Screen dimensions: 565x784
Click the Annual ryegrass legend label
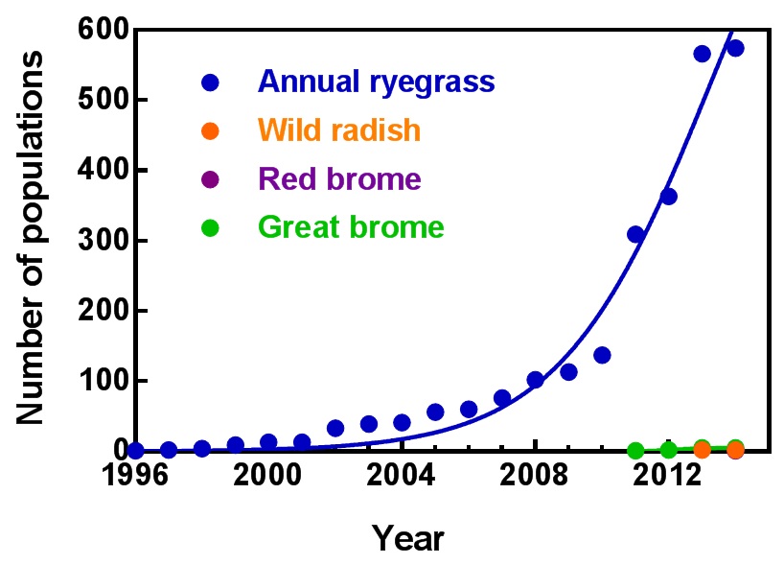pyautogui.click(x=378, y=81)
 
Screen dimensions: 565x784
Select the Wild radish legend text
pyautogui.click(x=339, y=129)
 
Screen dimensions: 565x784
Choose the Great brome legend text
pyautogui.click(x=351, y=227)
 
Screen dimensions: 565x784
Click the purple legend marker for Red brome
pyautogui.click(x=209, y=179)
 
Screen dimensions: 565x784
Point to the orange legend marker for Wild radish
pyautogui.click(x=209, y=129)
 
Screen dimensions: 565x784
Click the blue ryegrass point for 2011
pyautogui.click(x=634, y=234)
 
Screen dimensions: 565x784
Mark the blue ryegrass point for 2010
pyautogui.click(x=602, y=355)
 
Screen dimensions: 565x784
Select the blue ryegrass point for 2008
pyautogui.click(x=535, y=380)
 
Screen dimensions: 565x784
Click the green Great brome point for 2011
pyautogui.click(x=634, y=450)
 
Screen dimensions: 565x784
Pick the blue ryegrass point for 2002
pyautogui.click(x=335, y=428)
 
